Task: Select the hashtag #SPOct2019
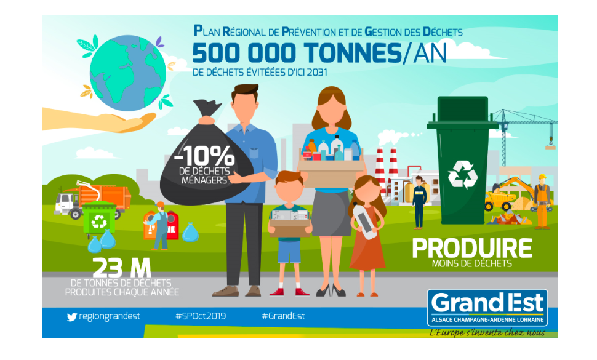201,316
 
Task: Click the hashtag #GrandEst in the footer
283,316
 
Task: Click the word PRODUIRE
472,248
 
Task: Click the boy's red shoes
284,290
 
